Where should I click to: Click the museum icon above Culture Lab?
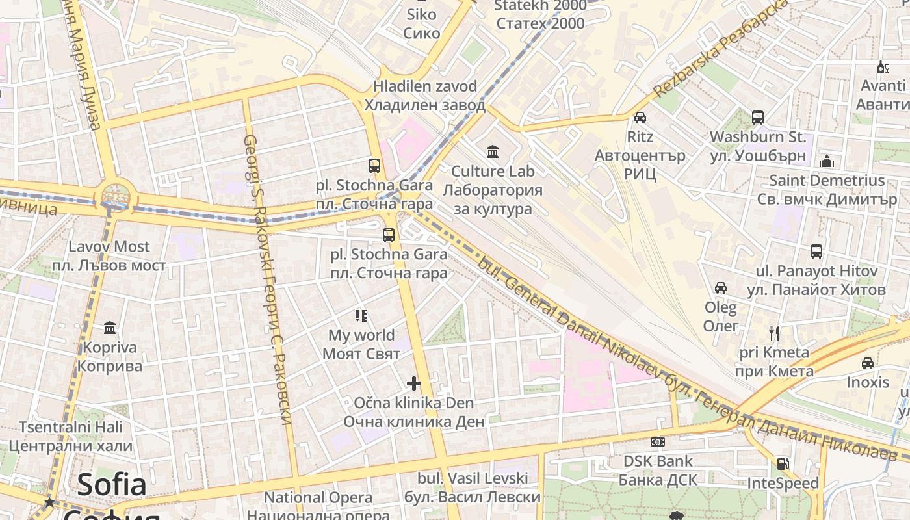click(493, 152)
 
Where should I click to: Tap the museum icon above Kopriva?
click(110, 328)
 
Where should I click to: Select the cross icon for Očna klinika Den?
click(414, 383)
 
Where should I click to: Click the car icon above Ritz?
click(640, 118)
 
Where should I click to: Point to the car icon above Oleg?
click(721, 287)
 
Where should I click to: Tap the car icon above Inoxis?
click(867, 363)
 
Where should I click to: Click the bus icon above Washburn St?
click(758, 118)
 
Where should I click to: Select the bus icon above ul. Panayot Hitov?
click(816, 252)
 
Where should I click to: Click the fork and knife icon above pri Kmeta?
click(774, 333)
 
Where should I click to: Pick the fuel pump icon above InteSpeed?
click(783, 464)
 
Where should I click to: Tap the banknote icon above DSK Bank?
click(658, 442)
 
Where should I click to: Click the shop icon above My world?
click(361, 316)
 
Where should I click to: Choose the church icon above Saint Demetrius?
click(827, 161)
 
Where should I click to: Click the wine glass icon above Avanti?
click(883, 66)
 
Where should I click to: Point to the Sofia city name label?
click(112, 485)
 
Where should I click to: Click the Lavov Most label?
click(109, 247)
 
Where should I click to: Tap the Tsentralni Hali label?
click(70, 427)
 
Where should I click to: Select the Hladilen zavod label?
click(425, 86)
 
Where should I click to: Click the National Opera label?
click(318, 498)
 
